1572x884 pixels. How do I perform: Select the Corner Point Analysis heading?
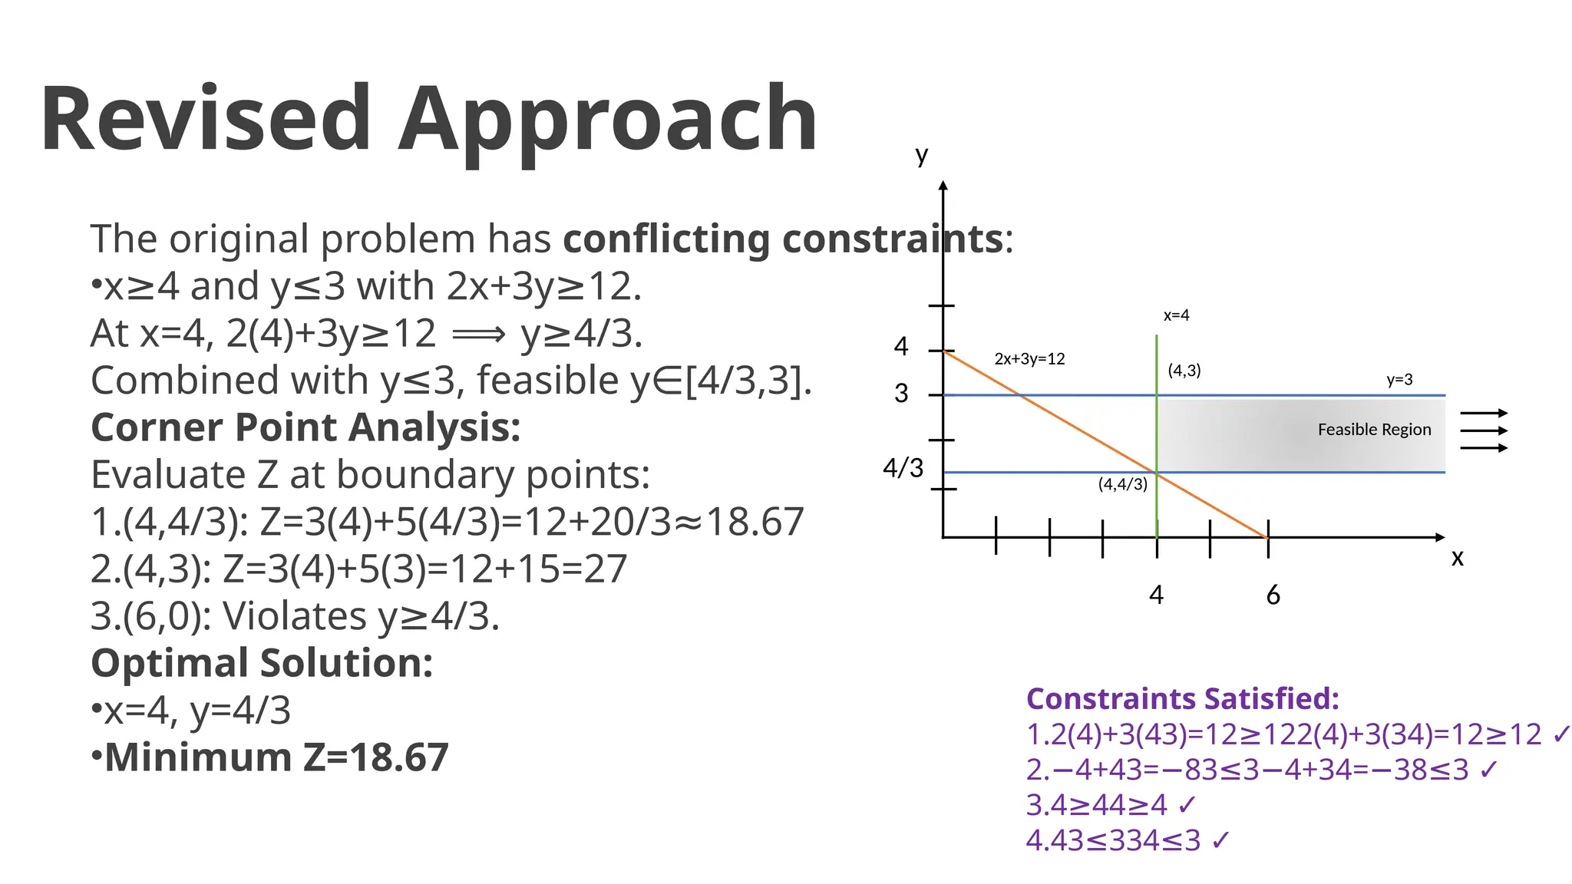(x=305, y=427)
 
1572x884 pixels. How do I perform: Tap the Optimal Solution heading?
(x=262, y=663)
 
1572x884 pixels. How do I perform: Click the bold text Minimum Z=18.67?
(x=276, y=757)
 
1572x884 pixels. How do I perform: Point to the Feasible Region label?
(x=1374, y=430)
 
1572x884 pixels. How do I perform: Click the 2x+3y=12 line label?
(x=1029, y=359)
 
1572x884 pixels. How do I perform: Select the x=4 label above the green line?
(x=1176, y=315)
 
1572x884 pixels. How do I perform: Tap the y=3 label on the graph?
(x=1399, y=380)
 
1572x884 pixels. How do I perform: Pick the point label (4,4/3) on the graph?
(x=1122, y=484)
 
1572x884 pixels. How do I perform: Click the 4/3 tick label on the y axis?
(x=903, y=467)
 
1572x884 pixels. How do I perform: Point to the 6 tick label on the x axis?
(x=1273, y=595)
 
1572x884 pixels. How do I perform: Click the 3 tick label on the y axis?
(x=901, y=394)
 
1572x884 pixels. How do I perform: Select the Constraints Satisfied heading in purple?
(x=1182, y=699)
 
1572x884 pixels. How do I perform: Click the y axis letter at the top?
(x=922, y=157)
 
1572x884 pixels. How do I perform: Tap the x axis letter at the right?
(x=1457, y=558)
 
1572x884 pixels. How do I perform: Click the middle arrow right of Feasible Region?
(x=1484, y=430)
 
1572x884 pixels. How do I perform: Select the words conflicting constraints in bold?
(x=783, y=239)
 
